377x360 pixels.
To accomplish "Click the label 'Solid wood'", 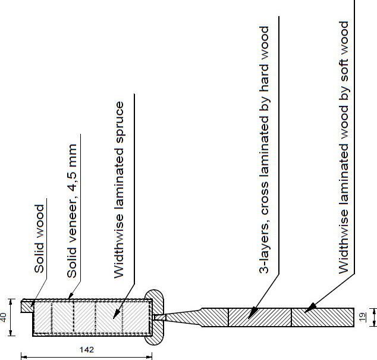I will point(39,239).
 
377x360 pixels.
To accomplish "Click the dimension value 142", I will point(87,349).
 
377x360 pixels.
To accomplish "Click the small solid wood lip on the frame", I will point(26,305).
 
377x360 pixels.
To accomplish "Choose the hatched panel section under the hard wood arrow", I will point(259,317).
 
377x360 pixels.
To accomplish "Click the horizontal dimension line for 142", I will point(87,356).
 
